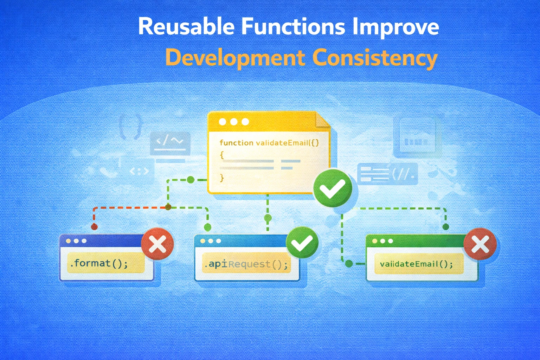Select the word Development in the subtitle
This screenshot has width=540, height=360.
coord(235,58)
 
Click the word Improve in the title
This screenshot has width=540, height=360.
coord(396,27)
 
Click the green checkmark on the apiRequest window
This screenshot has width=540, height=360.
coord(302,243)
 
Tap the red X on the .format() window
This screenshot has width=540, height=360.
coord(157,244)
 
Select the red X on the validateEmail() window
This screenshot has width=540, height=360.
coord(480,244)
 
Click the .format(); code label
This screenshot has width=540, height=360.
coord(99,263)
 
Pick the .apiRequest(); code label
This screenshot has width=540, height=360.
coord(246,264)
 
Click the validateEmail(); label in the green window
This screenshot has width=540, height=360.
coord(416,264)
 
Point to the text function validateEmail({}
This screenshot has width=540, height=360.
coord(269,143)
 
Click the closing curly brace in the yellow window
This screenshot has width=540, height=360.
coord(222,178)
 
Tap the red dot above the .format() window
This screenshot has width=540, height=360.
coord(94,227)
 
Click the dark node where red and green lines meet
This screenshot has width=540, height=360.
coord(168,207)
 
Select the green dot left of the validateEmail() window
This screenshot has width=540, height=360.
coord(349,264)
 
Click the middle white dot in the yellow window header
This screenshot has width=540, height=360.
coord(233,122)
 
